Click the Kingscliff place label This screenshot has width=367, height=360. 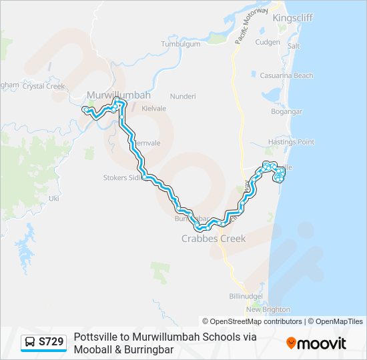[x=293, y=18]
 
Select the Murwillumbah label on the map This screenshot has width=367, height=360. [x=119, y=95]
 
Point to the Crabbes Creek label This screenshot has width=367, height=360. [x=214, y=238]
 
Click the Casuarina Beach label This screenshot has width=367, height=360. [x=286, y=76]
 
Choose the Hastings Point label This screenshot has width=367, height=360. [x=291, y=142]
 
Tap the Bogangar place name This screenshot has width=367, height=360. [x=288, y=111]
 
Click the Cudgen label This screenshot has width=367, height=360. [x=268, y=42]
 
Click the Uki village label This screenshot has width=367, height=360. [x=55, y=199]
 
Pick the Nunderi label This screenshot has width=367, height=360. [x=183, y=96]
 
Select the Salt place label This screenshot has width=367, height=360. [x=294, y=46]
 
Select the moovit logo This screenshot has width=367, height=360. [x=316, y=343]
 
